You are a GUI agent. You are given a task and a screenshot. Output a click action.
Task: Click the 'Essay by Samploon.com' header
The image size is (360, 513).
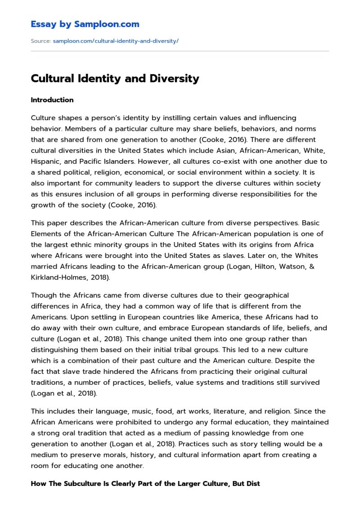coord(85,24)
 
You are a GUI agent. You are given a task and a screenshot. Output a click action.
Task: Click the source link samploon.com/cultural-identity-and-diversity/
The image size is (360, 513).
coord(116,41)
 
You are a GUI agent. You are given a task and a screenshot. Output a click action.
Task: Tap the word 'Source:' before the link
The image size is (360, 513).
coord(40,41)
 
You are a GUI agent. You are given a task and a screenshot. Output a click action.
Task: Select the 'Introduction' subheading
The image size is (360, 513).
coord(52,100)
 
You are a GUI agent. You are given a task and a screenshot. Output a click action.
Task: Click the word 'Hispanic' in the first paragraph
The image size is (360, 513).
coord(46,161)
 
